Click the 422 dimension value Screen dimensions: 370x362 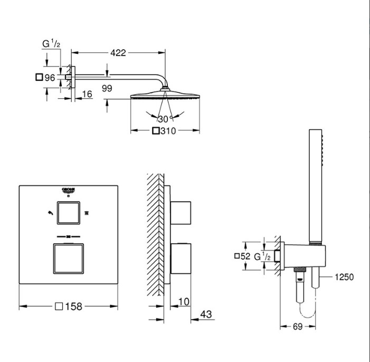[118, 53]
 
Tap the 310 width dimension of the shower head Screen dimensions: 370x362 [164, 131]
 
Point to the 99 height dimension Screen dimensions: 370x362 [107, 89]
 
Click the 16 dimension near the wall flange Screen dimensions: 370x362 [87, 94]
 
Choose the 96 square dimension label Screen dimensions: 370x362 [45, 78]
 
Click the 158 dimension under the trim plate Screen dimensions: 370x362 [69, 307]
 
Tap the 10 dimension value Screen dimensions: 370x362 [184, 302]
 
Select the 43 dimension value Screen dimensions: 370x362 [206, 315]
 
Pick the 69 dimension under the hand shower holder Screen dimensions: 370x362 [298, 327]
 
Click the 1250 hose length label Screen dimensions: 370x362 [344, 277]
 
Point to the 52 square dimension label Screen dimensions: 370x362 [242, 256]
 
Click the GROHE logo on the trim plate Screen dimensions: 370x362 [68, 190]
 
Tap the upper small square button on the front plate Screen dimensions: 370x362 [69, 213]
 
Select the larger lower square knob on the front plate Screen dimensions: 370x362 [69, 259]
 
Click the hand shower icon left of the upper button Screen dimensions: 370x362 [50, 213]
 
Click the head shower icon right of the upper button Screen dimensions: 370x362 [87, 213]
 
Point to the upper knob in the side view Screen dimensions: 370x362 [181, 213]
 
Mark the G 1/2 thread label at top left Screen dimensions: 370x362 [51, 44]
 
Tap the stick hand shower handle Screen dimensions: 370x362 [316, 186]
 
